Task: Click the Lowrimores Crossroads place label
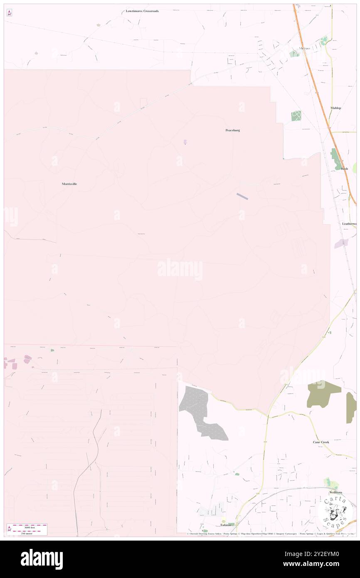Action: [142, 11]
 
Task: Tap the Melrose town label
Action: [305, 48]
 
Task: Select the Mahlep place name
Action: [335, 108]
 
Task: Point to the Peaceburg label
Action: [232, 130]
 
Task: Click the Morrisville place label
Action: [69, 184]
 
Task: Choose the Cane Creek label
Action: [321, 442]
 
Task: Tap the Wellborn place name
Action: [335, 492]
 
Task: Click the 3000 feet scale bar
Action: [30, 526]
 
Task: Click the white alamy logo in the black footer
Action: [42, 559]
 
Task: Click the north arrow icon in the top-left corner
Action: [9, 13]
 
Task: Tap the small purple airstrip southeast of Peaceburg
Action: [242, 196]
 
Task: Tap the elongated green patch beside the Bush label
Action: [335, 158]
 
